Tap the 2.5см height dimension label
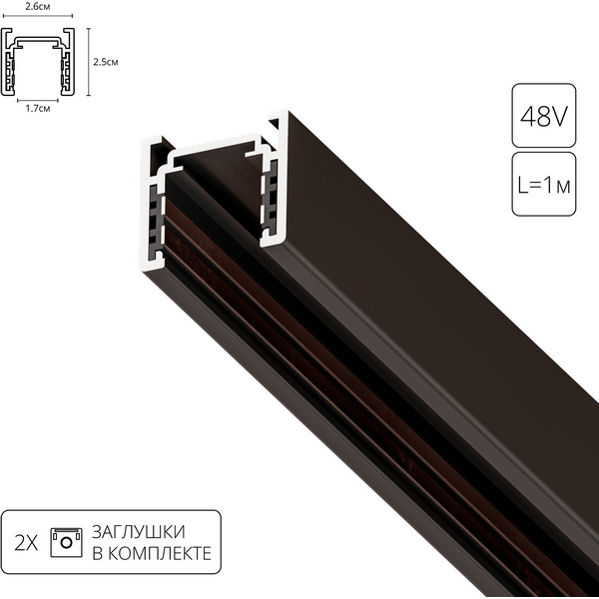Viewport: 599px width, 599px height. (106, 62)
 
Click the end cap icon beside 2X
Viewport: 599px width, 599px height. (66, 540)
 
